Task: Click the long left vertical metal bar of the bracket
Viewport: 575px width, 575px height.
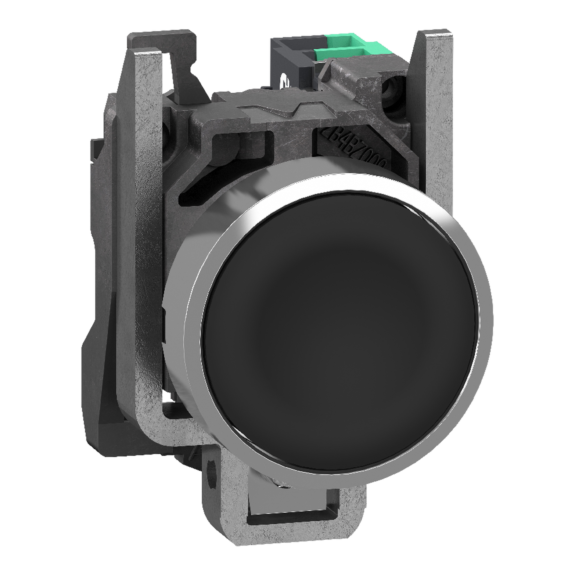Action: tap(149, 238)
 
